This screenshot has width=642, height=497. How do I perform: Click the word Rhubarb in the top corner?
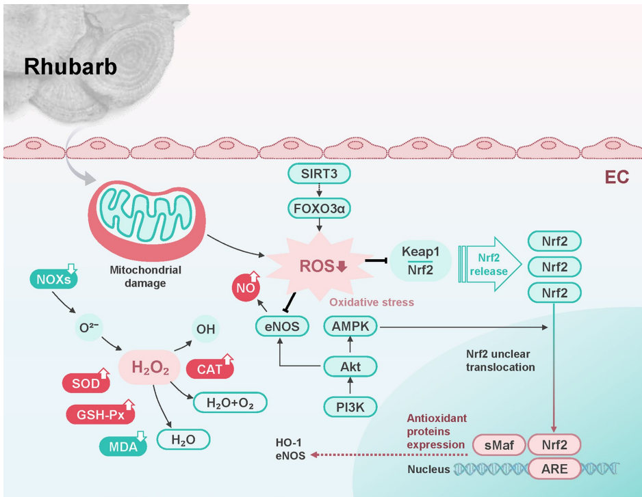point(71,66)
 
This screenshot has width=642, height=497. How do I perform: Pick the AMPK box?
point(350,327)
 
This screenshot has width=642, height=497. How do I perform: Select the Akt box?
point(350,367)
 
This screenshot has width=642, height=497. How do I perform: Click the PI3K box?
point(350,407)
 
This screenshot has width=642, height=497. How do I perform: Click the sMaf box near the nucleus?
point(497,445)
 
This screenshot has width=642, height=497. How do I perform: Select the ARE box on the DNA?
point(554,469)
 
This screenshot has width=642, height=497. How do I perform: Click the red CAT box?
point(209,369)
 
